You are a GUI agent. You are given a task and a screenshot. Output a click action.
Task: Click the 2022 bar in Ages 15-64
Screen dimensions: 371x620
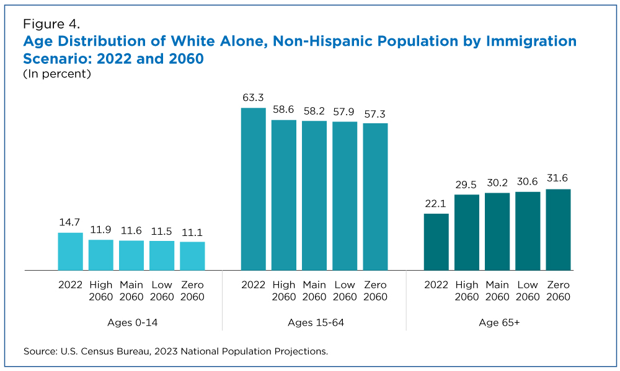coord(253,189)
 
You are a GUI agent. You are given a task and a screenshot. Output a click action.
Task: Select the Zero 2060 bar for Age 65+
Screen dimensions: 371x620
coord(558,229)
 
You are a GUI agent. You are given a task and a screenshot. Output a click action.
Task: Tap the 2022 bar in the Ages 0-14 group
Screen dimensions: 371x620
coord(70,251)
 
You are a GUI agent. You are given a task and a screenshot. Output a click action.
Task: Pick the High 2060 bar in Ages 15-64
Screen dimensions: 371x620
coord(284,194)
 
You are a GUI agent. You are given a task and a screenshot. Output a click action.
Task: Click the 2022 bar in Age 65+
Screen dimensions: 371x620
coord(436,242)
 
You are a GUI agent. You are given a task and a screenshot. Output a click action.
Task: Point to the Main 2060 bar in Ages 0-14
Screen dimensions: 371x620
coord(131,255)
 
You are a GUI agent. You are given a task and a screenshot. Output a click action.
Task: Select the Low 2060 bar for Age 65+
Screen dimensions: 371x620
coord(528,230)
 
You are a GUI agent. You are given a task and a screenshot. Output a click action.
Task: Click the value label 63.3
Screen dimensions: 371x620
coord(253,98)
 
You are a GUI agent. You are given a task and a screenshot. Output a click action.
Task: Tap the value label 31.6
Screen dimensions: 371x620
coord(558,179)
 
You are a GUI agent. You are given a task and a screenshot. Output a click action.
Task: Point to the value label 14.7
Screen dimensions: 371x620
coord(70,222)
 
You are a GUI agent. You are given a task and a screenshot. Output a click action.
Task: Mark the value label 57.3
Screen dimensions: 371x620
coord(375,113)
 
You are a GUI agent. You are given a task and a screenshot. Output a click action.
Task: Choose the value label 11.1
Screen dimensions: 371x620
coord(192,232)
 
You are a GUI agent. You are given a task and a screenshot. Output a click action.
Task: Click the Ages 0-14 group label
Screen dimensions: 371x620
coord(131,323)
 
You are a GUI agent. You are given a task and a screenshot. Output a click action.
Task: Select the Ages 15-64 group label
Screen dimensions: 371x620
coord(315,323)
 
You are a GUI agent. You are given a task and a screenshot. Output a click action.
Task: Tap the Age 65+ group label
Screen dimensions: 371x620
coord(497,323)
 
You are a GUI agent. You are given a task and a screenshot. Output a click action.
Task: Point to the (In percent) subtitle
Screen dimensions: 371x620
coord(57,74)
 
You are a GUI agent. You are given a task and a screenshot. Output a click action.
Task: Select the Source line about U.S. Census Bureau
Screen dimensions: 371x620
coord(175,351)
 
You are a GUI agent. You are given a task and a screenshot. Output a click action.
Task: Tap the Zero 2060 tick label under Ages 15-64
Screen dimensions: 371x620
coord(375,290)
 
